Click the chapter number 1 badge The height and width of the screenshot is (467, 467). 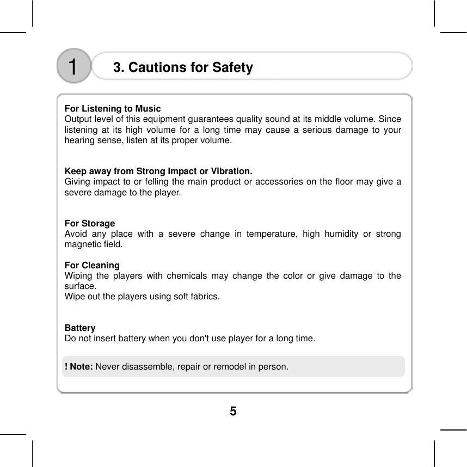[x=73, y=66]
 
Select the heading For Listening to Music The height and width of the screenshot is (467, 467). [x=113, y=109]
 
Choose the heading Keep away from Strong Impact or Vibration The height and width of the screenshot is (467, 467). [x=158, y=172]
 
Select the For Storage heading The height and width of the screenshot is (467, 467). [x=90, y=224]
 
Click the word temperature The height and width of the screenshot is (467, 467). [x=269, y=234]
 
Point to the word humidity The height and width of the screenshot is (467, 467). [x=340, y=234]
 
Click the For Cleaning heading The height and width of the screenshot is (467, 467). [x=92, y=266]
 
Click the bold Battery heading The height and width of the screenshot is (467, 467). [x=80, y=328]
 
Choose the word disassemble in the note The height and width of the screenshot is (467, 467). [x=149, y=367]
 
